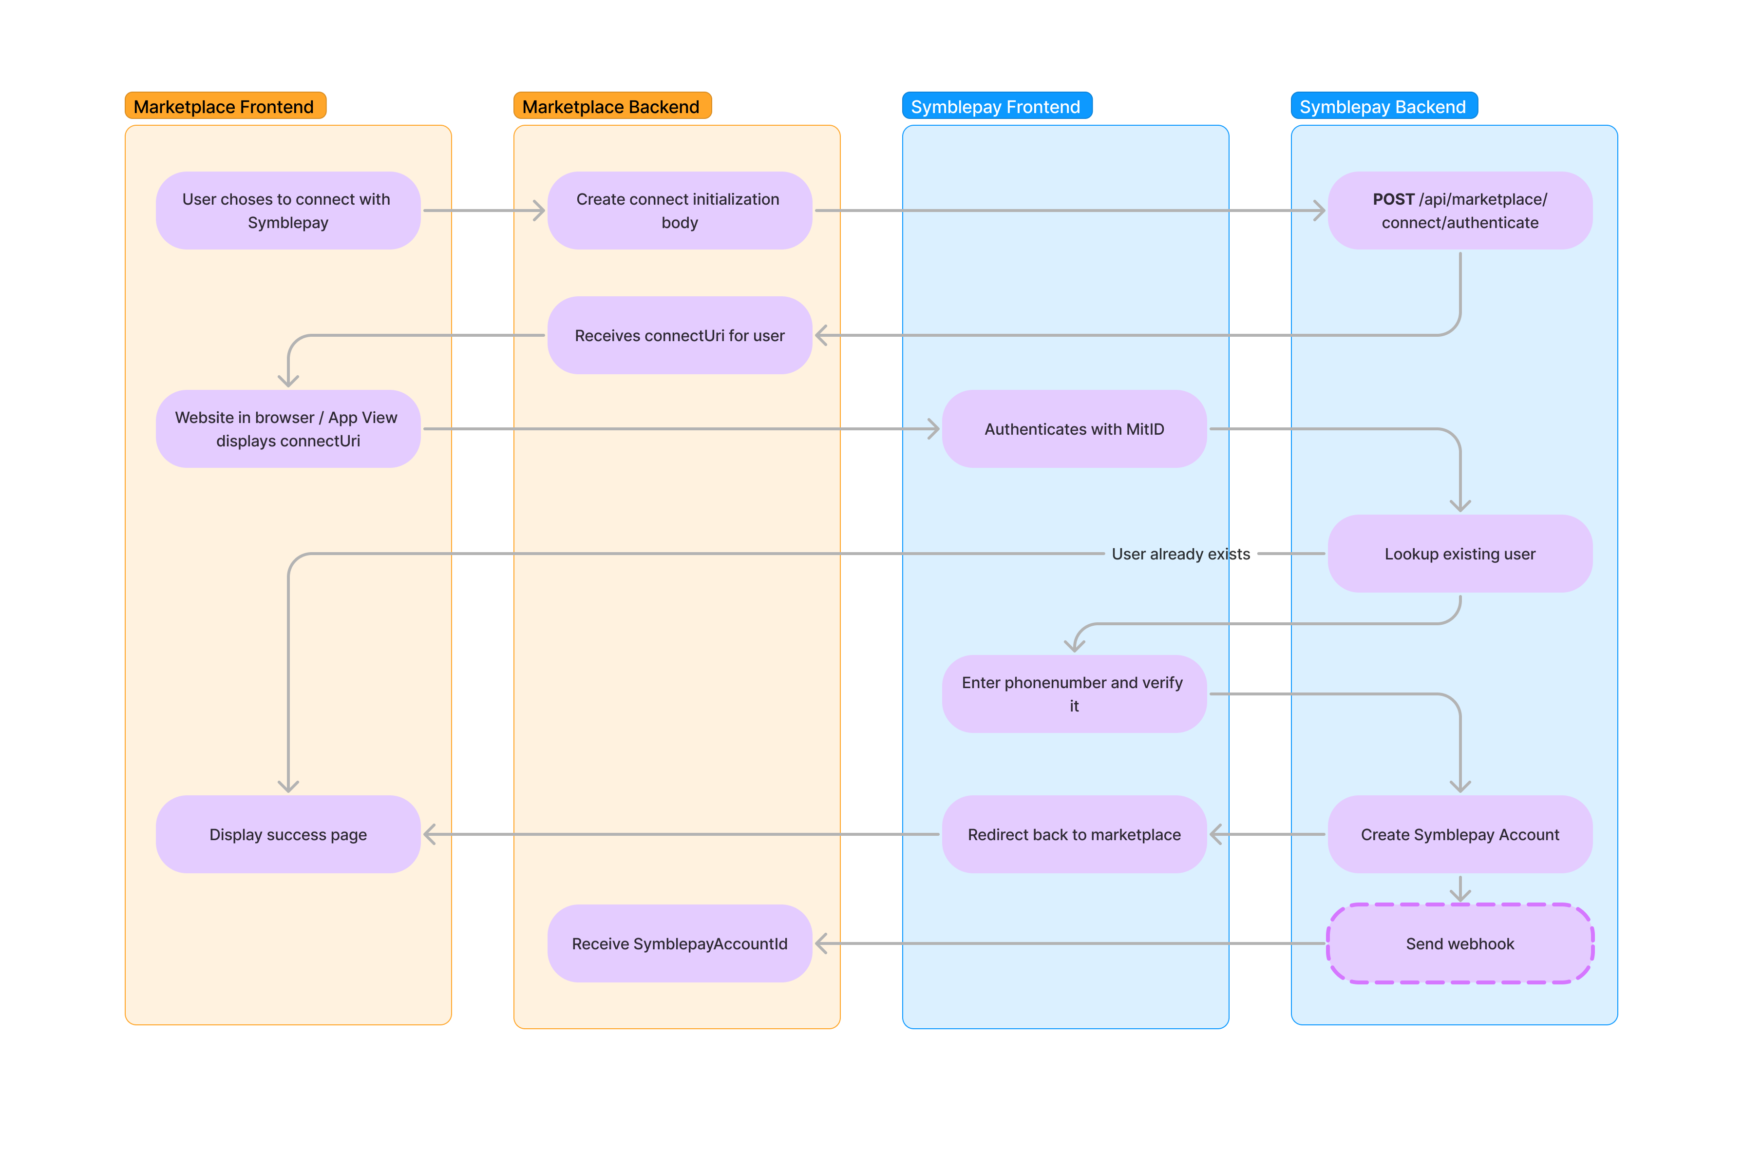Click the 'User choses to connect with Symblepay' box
(288, 211)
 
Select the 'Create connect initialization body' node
(679, 211)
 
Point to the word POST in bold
(1393, 199)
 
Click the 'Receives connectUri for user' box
(679, 336)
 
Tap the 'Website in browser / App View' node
(288, 429)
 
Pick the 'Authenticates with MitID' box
(1074, 429)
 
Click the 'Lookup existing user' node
(1460, 554)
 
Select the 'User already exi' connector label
(1169, 554)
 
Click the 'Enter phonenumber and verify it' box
(1074, 694)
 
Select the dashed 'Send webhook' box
(1460, 943)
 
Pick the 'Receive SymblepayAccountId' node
(679, 943)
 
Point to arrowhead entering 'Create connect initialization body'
(539, 211)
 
